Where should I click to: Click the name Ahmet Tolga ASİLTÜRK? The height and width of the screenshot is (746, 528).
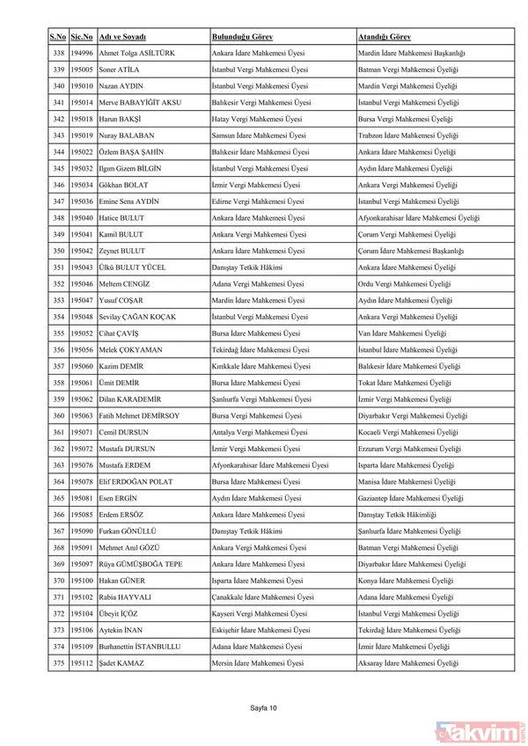click(138, 54)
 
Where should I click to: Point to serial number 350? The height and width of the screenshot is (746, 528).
click(59, 251)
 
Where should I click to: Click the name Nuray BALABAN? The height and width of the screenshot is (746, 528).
click(128, 135)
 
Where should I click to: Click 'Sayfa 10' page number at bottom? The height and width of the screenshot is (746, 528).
click(264, 706)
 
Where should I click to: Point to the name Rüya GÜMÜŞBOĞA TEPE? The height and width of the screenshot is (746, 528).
click(141, 563)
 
